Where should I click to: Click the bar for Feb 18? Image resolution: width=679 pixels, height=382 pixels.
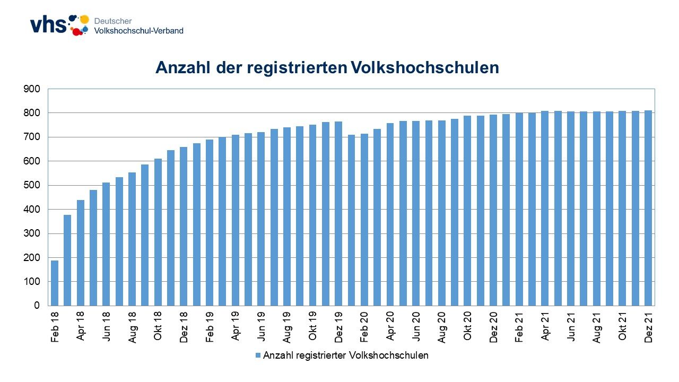(55, 283)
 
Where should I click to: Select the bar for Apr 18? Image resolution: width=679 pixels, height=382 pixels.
(81, 253)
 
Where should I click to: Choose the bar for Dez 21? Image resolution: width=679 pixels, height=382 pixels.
(648, 207)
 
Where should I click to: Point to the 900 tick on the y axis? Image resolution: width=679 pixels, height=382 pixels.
(32, 89)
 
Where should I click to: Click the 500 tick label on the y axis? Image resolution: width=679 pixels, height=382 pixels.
(32, 186)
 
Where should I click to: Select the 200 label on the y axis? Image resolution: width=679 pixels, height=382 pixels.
(32, 258)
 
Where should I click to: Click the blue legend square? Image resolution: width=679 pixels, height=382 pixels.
(258, 355)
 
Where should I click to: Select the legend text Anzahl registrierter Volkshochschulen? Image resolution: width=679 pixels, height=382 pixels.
(345, 355)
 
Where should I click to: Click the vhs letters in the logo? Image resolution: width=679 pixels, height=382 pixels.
(48, 24)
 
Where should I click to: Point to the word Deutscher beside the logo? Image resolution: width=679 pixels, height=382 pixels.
(113, 21)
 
